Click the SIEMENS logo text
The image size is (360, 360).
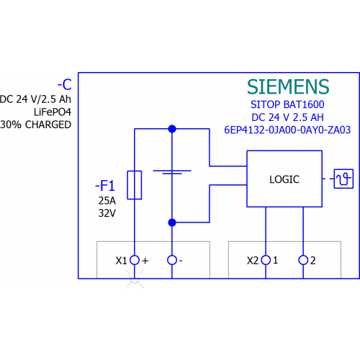point(288,86)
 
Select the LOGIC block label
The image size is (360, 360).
point(284,179)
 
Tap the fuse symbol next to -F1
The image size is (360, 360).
point(135,185)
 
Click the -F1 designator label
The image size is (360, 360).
point(105,186)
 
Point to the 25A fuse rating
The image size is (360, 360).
point(107,201)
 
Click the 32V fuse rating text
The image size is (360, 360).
point(107,213)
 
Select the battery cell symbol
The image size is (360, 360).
point(172,172)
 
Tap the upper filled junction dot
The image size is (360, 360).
point(172,129)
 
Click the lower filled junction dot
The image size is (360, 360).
point(172,222)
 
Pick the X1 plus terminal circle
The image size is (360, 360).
point(135,260)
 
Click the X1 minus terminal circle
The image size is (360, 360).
point(172,260)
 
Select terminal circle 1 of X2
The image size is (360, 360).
point(266,260)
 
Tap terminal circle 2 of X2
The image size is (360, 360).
point(303,260)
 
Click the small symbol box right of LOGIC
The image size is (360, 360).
point(343,179)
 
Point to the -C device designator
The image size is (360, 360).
point(65,84)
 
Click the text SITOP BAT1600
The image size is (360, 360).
point(287,104)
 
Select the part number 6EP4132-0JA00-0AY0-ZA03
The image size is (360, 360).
point(287,130)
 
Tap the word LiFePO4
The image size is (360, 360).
point(53,112)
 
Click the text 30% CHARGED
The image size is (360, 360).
point(36,125)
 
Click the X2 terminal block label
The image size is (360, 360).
point(253,261)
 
